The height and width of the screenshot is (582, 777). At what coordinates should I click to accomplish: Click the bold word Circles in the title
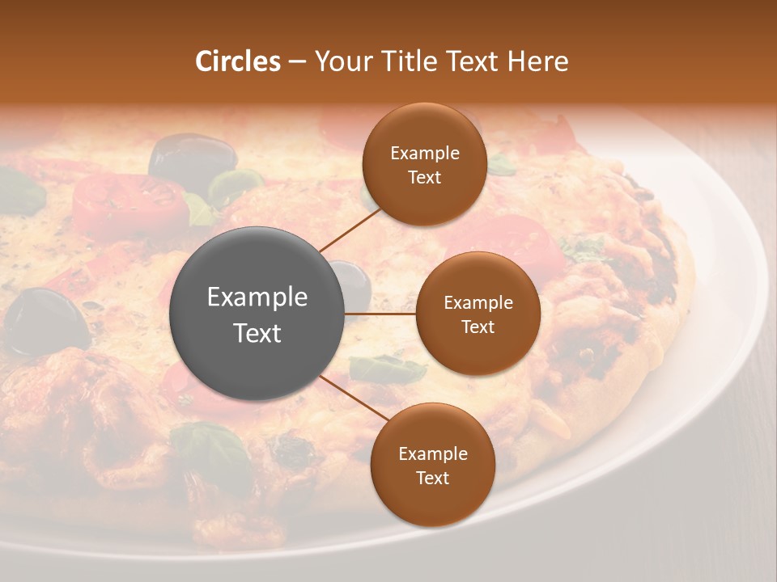238,61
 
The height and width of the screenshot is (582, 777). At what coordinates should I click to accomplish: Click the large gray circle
257,314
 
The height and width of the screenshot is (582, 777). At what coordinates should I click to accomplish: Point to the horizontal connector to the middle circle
380,314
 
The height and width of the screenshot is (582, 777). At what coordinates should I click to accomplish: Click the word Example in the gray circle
257,297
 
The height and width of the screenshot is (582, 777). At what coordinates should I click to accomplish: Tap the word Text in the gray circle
257,333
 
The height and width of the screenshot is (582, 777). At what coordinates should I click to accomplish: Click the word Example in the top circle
424,154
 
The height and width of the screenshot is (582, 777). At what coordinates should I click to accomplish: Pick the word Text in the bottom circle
432,478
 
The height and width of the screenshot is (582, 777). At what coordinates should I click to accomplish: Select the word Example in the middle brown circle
478,303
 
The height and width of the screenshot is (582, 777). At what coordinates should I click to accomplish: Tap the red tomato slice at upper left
129,198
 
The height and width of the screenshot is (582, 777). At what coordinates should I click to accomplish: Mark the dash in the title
297,61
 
